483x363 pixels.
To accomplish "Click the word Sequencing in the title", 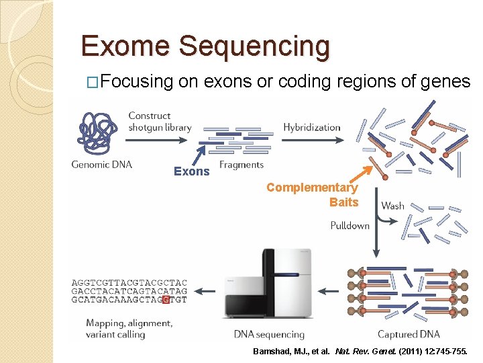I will tap(256, 47).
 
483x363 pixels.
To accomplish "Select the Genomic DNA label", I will tap(102, 164).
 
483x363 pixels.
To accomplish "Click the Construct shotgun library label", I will tap(160, 122).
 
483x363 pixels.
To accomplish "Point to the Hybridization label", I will tap(311, 128).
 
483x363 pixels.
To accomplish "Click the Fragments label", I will tap(241, 165).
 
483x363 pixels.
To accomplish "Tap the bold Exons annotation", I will tap(192, 171).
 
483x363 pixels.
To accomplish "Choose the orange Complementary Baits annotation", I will tap(313, 195).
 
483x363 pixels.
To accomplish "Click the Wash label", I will tap(393, 205).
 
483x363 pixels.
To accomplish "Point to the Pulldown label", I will tap(350, 226).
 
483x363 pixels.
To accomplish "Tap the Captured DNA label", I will tap(409, 334).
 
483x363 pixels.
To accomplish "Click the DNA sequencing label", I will tap(269, 334).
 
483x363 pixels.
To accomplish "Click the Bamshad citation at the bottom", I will tap(363, 352).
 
